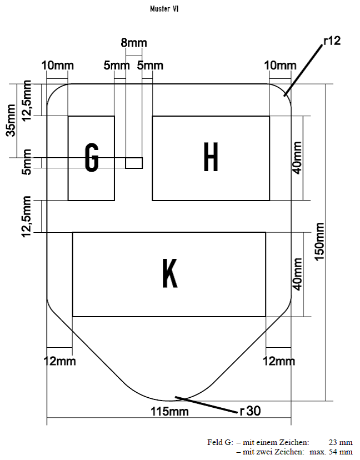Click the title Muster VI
(164, 9)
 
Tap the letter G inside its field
(92, 158)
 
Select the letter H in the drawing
(211, 157)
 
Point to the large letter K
(169, 273)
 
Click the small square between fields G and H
(133, 163)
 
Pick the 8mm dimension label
(134, 43)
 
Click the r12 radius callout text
(331, 41)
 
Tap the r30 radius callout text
(250, 411)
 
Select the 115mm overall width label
(170, 412)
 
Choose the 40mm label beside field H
(298, 158)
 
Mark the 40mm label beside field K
(298, 274)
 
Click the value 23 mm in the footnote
(340, 443)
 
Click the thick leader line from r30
(208, 404)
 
